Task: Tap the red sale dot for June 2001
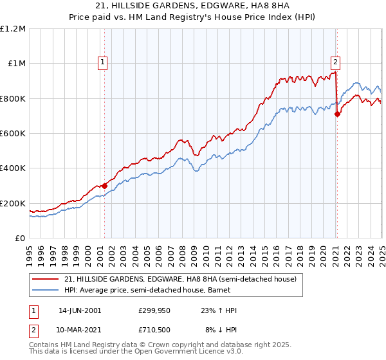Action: coord(104,186)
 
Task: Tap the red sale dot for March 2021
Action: coord(336,114)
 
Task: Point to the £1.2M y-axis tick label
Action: coord(13,29)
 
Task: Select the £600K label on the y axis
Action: coord(13,134)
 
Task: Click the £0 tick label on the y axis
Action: coord(21,239)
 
